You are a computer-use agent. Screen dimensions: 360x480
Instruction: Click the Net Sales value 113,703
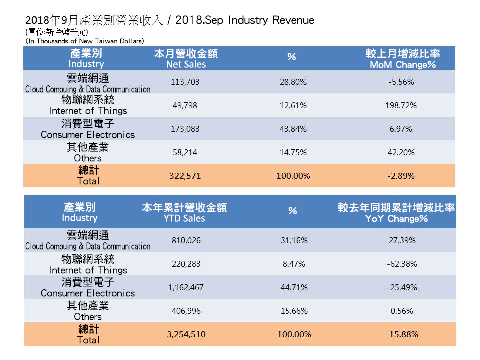coord(185,82)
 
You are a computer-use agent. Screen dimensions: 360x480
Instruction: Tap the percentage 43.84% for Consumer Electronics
coord(293,129)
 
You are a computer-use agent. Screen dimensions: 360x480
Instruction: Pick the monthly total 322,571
coord(185,176)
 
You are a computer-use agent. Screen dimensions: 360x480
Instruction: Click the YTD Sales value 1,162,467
coord(185,287)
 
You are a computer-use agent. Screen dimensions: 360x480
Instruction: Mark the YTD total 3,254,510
coord(185,334)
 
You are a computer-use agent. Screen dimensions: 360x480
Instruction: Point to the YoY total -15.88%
coord(402,334)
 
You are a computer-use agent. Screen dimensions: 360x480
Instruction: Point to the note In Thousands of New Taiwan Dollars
coord(85,41)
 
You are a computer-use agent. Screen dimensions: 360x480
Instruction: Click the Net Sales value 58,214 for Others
coord(185,152)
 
